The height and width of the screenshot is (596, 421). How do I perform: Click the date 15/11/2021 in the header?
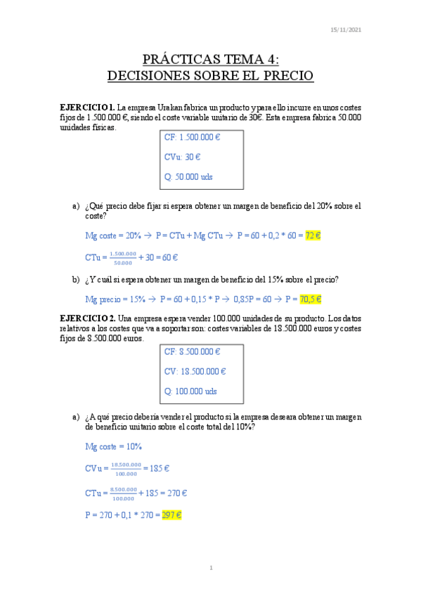pos(346,30)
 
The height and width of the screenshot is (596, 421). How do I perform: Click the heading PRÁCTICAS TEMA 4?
pos(210,58)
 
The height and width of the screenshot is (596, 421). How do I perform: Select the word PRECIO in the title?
pos(284,74)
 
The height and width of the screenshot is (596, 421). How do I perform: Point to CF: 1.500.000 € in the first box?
pos(193,138)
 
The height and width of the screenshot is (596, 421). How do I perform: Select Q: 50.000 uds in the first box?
pos(188,177)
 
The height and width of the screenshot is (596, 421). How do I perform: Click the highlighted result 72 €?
pos(313,235)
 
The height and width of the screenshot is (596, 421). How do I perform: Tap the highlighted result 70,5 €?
pos(311,299)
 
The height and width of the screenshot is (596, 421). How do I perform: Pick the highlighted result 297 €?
pos(171,515)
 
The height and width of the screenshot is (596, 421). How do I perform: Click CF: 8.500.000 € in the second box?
pos(193,351)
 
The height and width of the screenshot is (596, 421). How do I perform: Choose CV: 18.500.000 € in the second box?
pos(195,371)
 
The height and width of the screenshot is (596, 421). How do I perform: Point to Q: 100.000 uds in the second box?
pos(190,391)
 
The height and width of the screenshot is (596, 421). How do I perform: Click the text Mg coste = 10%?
pos(114,446)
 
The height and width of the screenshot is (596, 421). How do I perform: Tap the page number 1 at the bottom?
pos(210,568)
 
